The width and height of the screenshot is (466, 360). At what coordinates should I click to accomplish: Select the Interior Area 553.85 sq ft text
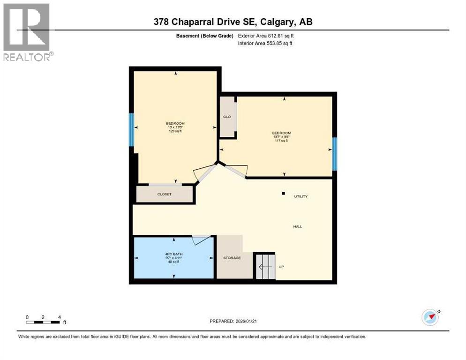[265, 44]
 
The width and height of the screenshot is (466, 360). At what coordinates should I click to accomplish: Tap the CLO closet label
[227, 117]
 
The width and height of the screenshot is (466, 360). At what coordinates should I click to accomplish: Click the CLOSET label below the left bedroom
[164, 194]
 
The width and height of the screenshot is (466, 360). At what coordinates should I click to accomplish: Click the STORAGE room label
[232, 258]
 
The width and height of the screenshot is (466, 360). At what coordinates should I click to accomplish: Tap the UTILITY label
[301, 196]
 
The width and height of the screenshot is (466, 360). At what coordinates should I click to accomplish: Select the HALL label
[298, 226]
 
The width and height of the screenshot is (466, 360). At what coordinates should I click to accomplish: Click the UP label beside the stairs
[281, 267]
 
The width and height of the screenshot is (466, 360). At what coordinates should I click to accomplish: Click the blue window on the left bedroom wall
[131, 129]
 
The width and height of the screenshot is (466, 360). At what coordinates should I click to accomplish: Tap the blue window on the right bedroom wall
[334, 154]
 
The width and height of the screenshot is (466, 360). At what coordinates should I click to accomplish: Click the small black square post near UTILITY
[283, 193]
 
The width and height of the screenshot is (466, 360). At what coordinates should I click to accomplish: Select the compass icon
[430, 317]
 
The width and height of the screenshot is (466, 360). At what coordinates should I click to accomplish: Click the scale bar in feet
[43, 322]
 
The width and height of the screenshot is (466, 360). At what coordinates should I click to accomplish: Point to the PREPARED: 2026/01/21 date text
[233, 321]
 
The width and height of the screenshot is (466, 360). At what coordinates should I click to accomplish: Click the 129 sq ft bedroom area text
[175, 131]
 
